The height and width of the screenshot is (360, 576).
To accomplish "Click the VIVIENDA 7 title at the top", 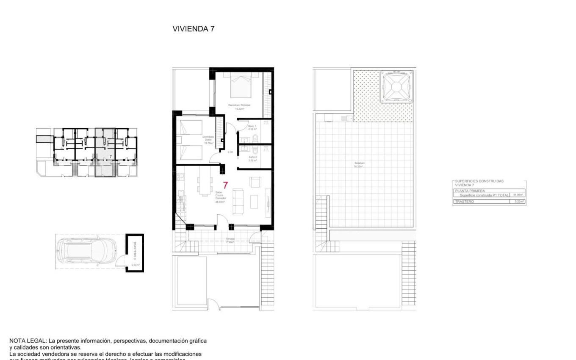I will tap(194, 29).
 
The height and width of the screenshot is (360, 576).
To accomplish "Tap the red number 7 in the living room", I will tap(225, 185).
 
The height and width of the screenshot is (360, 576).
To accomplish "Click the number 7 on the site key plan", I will tap(111, 156).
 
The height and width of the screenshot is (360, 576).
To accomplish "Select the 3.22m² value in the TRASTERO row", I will tap(518, 202).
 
